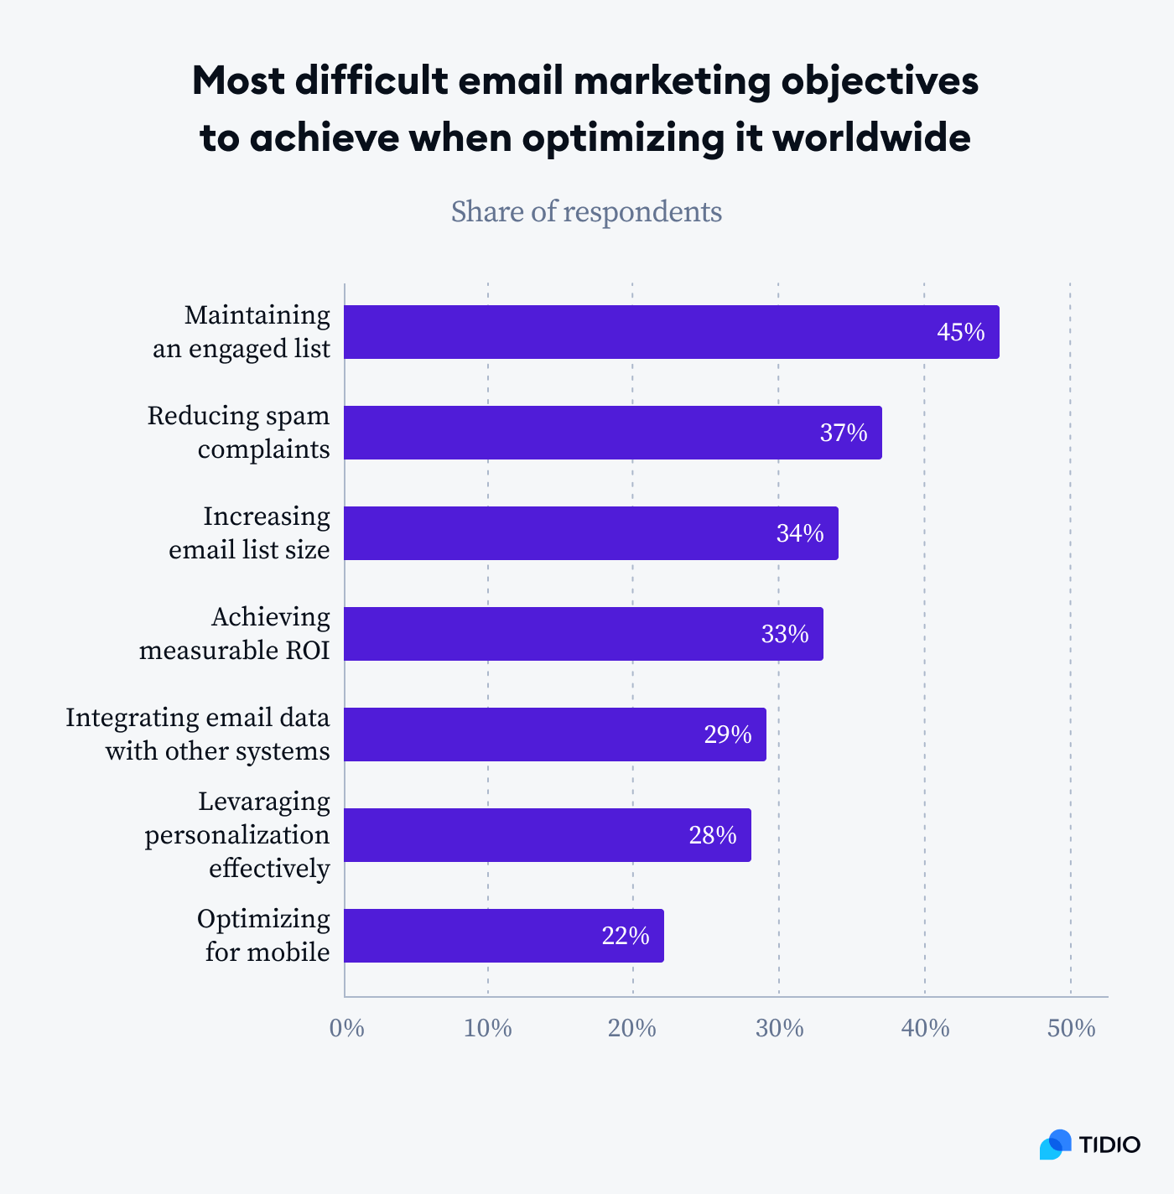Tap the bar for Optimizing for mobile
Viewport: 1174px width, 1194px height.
coord(503,936)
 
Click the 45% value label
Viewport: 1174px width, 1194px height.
coord(960,333)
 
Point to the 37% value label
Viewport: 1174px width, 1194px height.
coord(843,433)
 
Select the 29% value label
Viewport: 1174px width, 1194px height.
coord(727,735)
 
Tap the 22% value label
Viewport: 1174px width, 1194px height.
coord(625,937)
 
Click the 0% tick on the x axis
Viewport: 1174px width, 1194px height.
coord(346,1029)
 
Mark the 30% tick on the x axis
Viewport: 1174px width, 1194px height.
coord(779,1029)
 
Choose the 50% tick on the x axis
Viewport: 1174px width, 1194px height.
coord(1071,1029)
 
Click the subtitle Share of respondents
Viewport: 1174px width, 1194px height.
coord(586,212)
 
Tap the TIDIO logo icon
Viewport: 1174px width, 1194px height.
coord(1055,1145)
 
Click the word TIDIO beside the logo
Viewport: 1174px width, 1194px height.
coord(1109,1145)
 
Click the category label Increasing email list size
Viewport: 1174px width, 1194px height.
coord(249,533)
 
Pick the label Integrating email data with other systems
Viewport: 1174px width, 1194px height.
coord(198,735)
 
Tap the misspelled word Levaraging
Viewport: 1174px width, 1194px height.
coord(263,802)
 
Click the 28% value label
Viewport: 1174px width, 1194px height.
coord(712,836)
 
